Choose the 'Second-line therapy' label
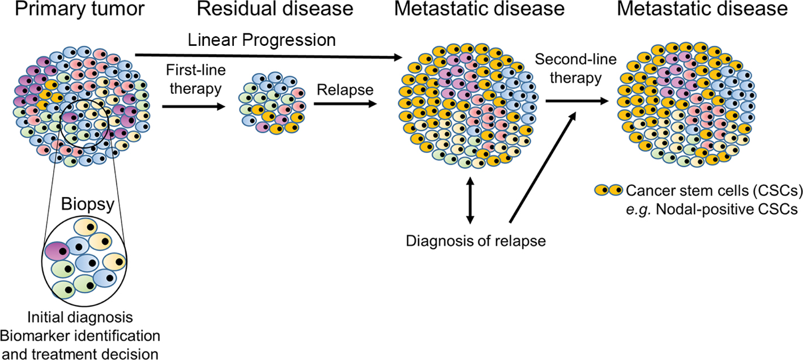(x=568, y=68)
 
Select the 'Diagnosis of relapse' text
(x=476, y=241)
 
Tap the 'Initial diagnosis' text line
(x=79, y=315)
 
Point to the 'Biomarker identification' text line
(x=80, y=335)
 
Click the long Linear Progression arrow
(x=266, y=55)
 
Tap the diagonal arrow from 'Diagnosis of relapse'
(x=543, y=167)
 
